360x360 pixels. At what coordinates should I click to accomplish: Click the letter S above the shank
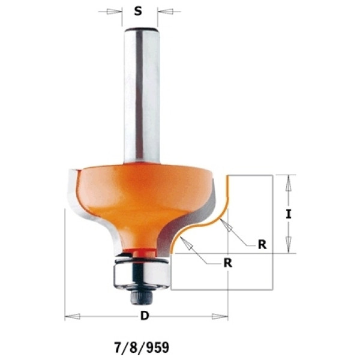coord(138,11)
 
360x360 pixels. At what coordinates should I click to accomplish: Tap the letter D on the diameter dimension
coord(145,316)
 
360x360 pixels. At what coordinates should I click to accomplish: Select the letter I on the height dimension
coord(289,215)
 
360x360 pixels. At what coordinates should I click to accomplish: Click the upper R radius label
coord(262,245)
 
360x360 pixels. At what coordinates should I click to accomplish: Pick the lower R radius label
coord(228,263)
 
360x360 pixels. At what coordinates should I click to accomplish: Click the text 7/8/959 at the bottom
coord(142,347)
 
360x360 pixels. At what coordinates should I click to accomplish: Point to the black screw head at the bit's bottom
coord(139,298)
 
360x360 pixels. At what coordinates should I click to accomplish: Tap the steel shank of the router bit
coord(142,95)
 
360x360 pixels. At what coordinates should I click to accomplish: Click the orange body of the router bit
coord(142,202)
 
